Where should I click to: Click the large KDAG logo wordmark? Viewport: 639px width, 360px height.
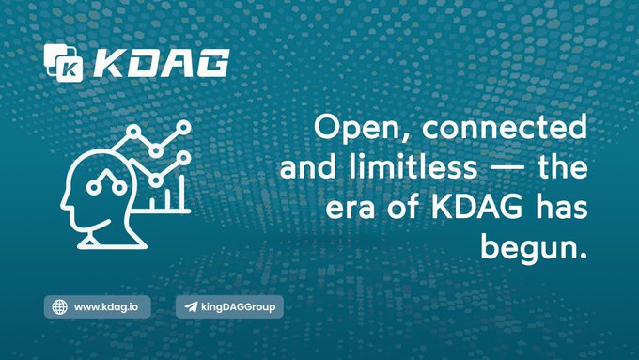162,63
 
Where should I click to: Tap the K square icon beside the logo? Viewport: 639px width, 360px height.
64,63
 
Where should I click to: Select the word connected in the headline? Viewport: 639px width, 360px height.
505,127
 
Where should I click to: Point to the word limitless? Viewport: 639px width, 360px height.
413,166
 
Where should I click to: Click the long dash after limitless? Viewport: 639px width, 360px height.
507,169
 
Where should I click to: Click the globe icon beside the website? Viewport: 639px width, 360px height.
60,307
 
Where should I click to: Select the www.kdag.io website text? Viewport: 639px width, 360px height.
106,307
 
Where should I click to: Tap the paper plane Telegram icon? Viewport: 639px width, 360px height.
191,306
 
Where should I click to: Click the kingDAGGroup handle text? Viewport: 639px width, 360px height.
238,307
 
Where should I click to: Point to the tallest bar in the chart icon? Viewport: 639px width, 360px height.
181,193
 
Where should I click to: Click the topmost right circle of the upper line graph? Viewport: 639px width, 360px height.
184,127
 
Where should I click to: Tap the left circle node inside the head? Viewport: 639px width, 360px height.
94,188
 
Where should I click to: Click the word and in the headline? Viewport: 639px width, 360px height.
308,166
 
